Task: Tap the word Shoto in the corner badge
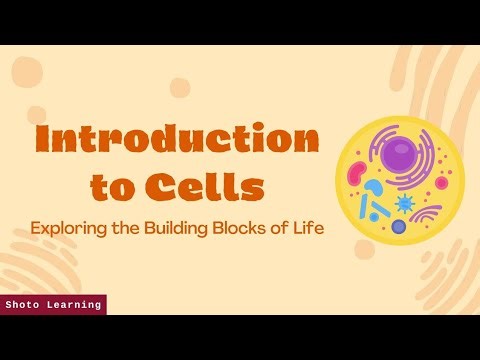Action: click(x=25, y=305)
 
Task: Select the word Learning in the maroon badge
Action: click(x=75, y=305)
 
